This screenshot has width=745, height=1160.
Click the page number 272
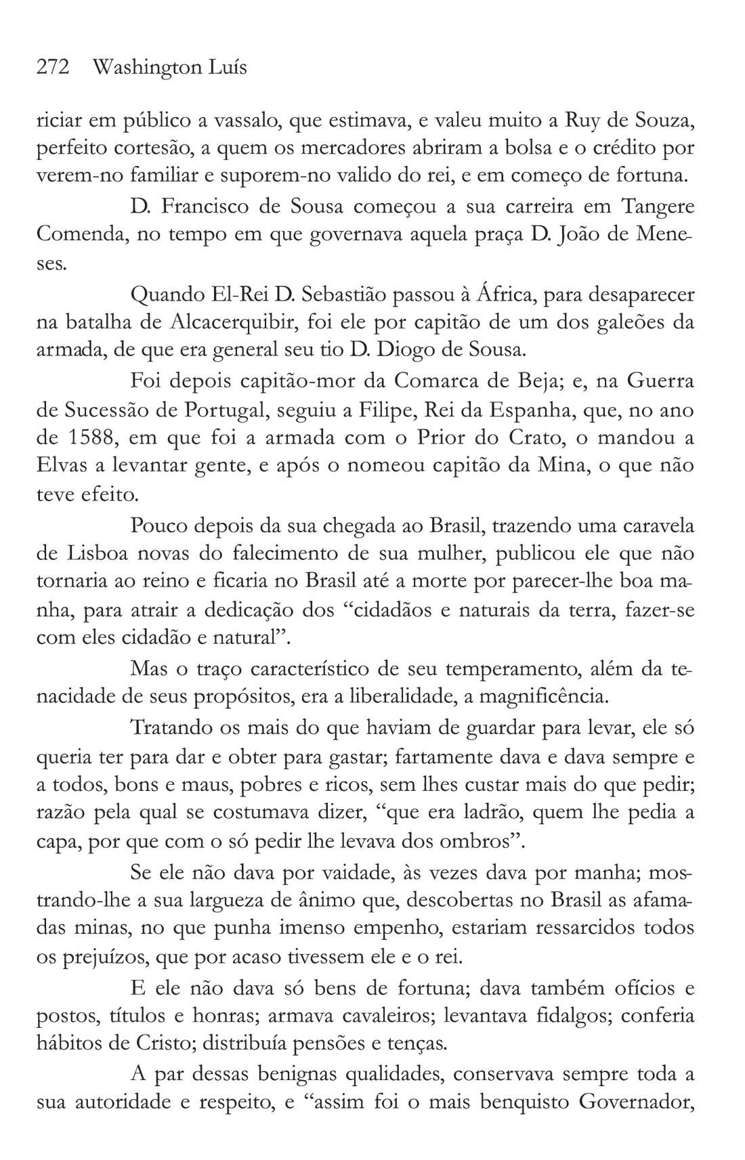53,68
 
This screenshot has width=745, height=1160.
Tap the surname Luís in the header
228,68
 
